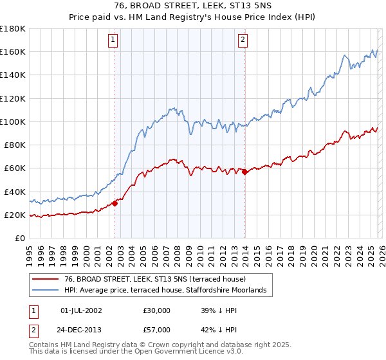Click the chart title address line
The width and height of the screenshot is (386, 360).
(x=192, y=6)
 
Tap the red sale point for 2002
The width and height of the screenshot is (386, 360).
(x=115, y=203)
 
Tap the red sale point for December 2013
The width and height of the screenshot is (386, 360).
(x=245, y=172)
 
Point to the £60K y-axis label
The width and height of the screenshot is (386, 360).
(x=15, y=168)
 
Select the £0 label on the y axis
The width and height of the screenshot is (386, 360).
(x=19, y=238)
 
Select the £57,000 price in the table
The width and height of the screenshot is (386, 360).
(x=157, y=329)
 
